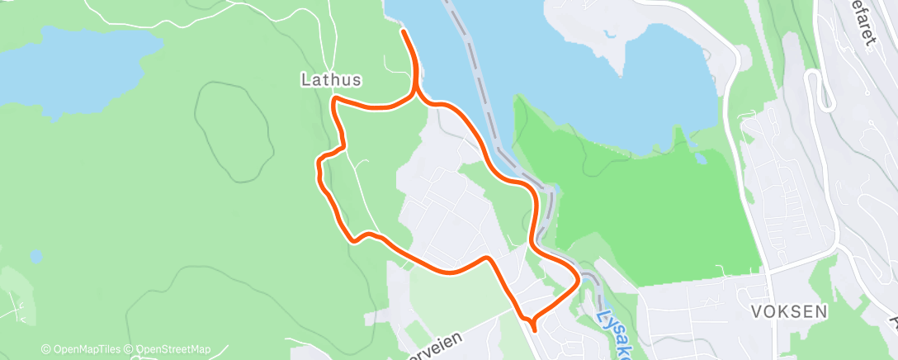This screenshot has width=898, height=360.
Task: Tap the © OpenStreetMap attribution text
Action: coord(173,349)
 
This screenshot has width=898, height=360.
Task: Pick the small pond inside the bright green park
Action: coord(700,158)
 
